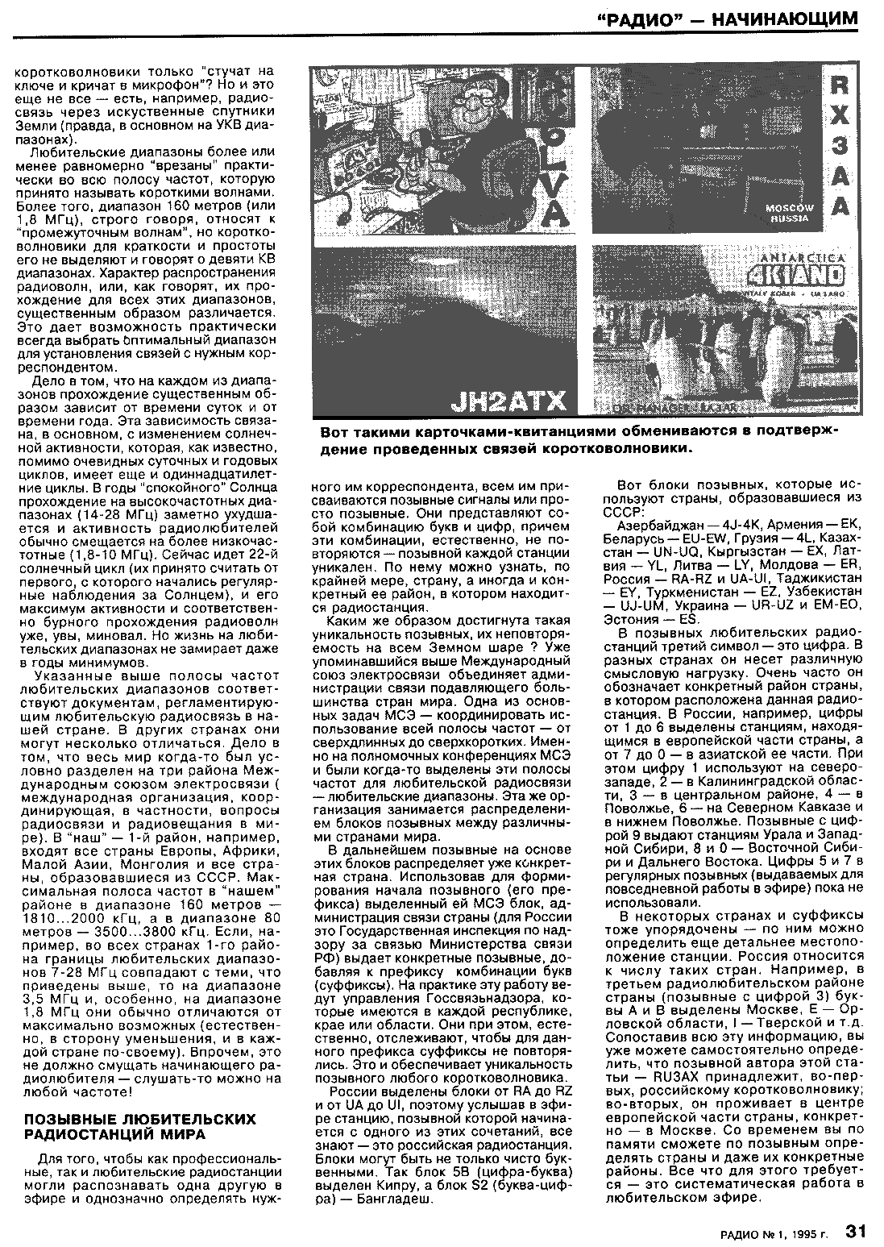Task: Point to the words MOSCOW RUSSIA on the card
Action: pos(789,213)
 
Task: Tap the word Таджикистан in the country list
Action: pos(826,578)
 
